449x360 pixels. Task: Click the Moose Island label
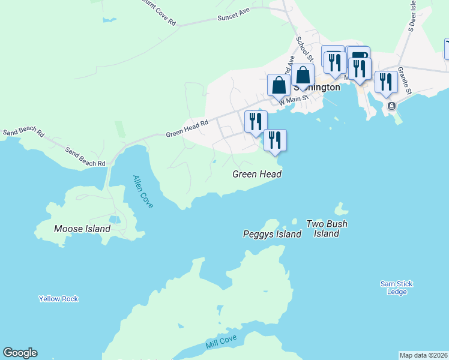coord(82,229)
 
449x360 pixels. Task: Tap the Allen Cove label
coord(143,191)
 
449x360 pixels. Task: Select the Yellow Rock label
coord(58,299)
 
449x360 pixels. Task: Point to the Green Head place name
coord(257,174)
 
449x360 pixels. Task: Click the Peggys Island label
coord(272,234)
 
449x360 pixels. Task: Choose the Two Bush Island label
coord(327,229)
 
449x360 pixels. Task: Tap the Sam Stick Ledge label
coord(397,287)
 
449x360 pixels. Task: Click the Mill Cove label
coord(221,341)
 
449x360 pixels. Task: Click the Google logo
coord(20,353)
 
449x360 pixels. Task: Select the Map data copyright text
coord(424,355)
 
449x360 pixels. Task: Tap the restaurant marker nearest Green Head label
coord(275,140)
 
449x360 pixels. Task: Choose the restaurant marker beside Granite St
coord(385,82)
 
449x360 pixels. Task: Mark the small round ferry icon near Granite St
coord(391,106)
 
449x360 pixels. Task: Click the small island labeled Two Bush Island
coord(341,210)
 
